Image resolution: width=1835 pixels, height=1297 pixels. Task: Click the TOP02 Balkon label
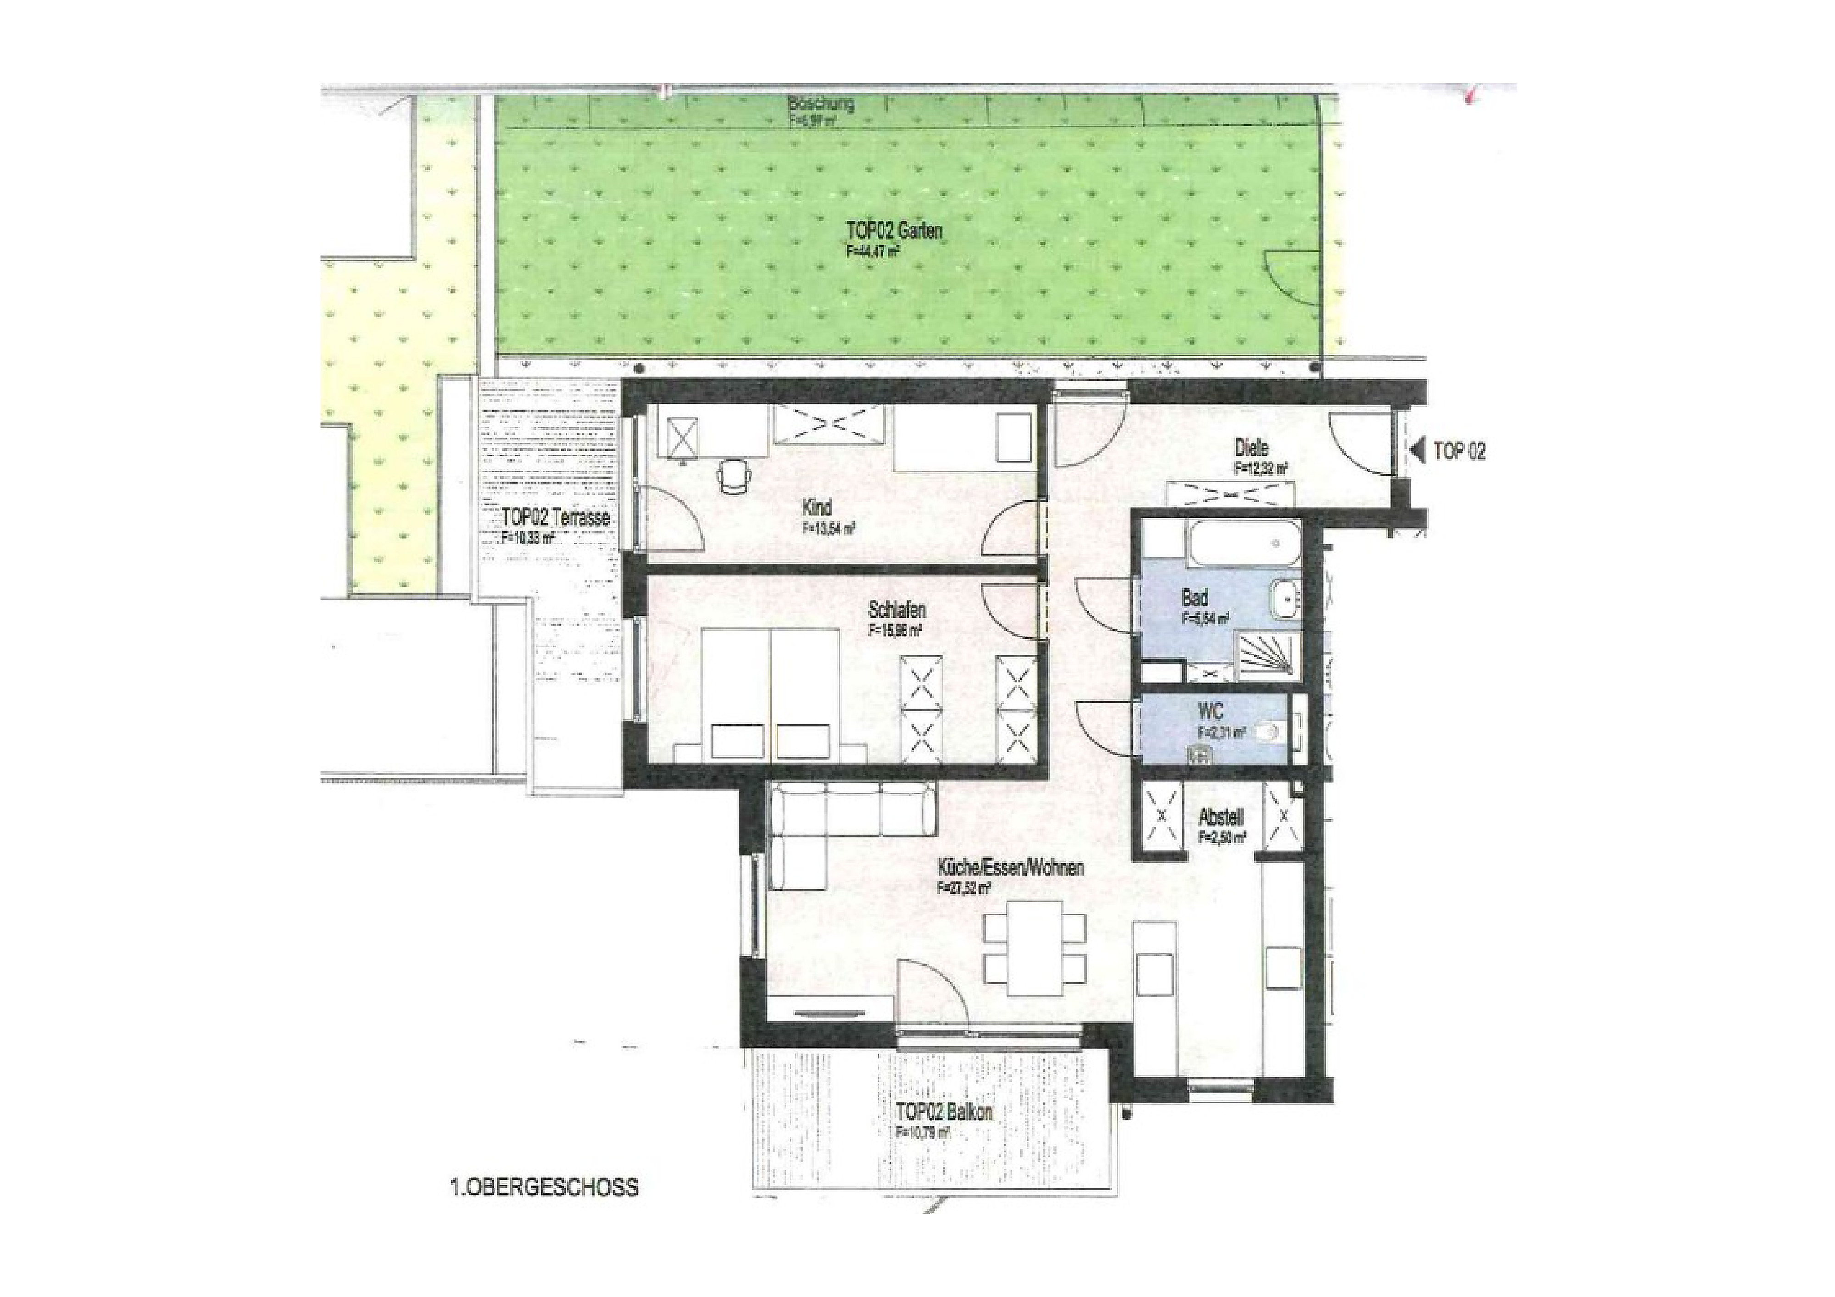944,1112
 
